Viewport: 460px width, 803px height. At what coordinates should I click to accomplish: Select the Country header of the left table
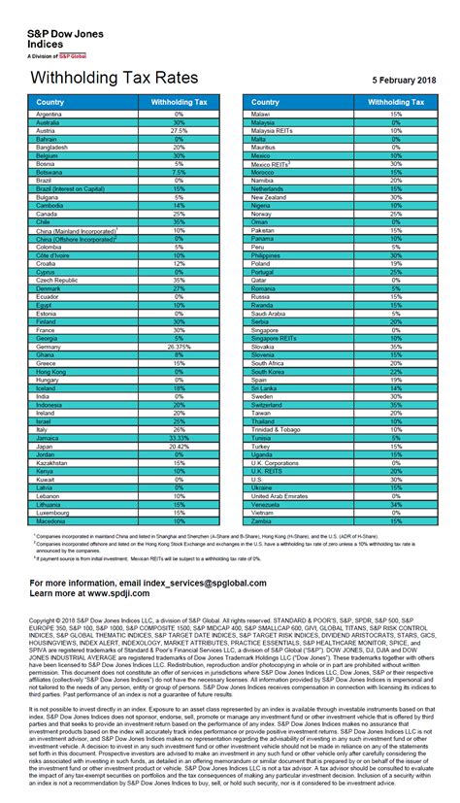tap(49, 102)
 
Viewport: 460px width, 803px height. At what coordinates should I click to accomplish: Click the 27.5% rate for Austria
tap(179, 130)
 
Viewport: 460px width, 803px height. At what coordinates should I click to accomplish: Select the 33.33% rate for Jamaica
tap(179, 412)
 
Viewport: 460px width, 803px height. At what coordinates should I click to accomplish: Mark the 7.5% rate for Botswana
tap(179, 171)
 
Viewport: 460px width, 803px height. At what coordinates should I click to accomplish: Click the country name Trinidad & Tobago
tap(279, 428)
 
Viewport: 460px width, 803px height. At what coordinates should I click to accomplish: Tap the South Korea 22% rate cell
tap(395, 371)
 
